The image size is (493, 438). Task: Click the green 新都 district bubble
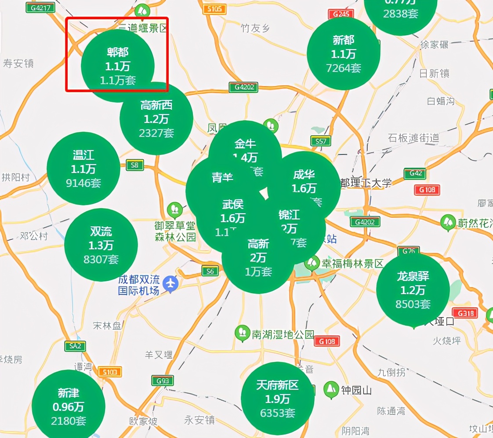(x=343, y=54)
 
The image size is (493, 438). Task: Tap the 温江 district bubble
(x=83, y=169)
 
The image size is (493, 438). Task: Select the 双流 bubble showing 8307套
(x=101, y=245)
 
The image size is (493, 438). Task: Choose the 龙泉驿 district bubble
(x=413, y=290)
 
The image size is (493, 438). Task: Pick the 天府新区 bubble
(x=278, y=399)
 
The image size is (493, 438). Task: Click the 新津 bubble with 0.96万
(x=69, y=406)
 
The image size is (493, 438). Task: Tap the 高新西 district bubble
(x=156, y=118)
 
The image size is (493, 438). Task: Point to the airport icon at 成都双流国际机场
(x=170, y=284)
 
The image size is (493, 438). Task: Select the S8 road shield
(x=134, y=165)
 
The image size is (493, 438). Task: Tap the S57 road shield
(x=320, y=141)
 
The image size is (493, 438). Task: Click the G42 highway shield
(x=415, y=173)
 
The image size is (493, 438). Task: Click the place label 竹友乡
(x=255, y=29)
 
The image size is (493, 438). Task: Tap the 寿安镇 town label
(x=18, y=64)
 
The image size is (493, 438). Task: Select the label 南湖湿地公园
(x=283, y=334)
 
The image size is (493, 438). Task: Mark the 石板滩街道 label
(x=413, y=138)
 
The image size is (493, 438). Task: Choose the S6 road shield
(x=210, y=271)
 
